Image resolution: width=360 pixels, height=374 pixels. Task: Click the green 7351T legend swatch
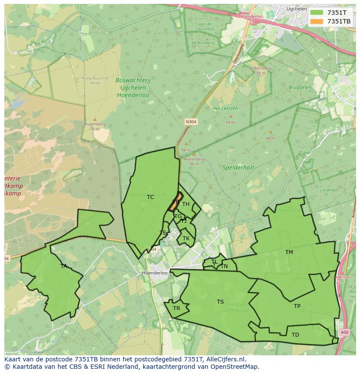pyautogui.click(x=316, y=13)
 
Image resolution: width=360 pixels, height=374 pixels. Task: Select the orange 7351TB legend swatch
pyautogui.click(x=316, y=21)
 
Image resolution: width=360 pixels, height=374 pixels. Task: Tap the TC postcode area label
pyautogui.click(x=150, y=197)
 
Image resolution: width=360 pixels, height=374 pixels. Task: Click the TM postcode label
pyautogui.click(x=289, y=252)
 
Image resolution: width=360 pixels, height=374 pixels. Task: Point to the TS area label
pyautogui.click(x=220, y=302)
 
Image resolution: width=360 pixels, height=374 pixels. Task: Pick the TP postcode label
pyautogui.click(x=297, y=306)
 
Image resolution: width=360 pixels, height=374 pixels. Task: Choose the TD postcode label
pyautogui.click(x=295, y=335)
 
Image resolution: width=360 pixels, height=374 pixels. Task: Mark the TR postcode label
pyautogui.click(x=177, y=308)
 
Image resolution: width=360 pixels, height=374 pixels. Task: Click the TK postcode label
pyautogui.click(x=186, y=238)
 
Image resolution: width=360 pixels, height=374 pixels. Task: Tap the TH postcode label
pyautogui.click(x=186, y=204)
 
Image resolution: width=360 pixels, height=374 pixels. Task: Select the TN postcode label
pyautogui.click(x=224, y=266)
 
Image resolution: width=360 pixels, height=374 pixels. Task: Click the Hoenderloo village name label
pyautogui.click(x=155, y=273)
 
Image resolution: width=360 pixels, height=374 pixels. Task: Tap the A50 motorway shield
pyautogui.click(x=344, y=332)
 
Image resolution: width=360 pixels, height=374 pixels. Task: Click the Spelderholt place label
pyautogui.click(x=238, y=167)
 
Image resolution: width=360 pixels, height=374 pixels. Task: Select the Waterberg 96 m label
pyautogui.click(x=191, y=162)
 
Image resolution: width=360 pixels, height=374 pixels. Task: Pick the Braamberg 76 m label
pyautogui.click(x=95, y=126)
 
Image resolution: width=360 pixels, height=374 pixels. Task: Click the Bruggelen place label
pyautogui.click(x=300, y=87)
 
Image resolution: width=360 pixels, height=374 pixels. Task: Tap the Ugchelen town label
pyautogui.click(x=297, y=9)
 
